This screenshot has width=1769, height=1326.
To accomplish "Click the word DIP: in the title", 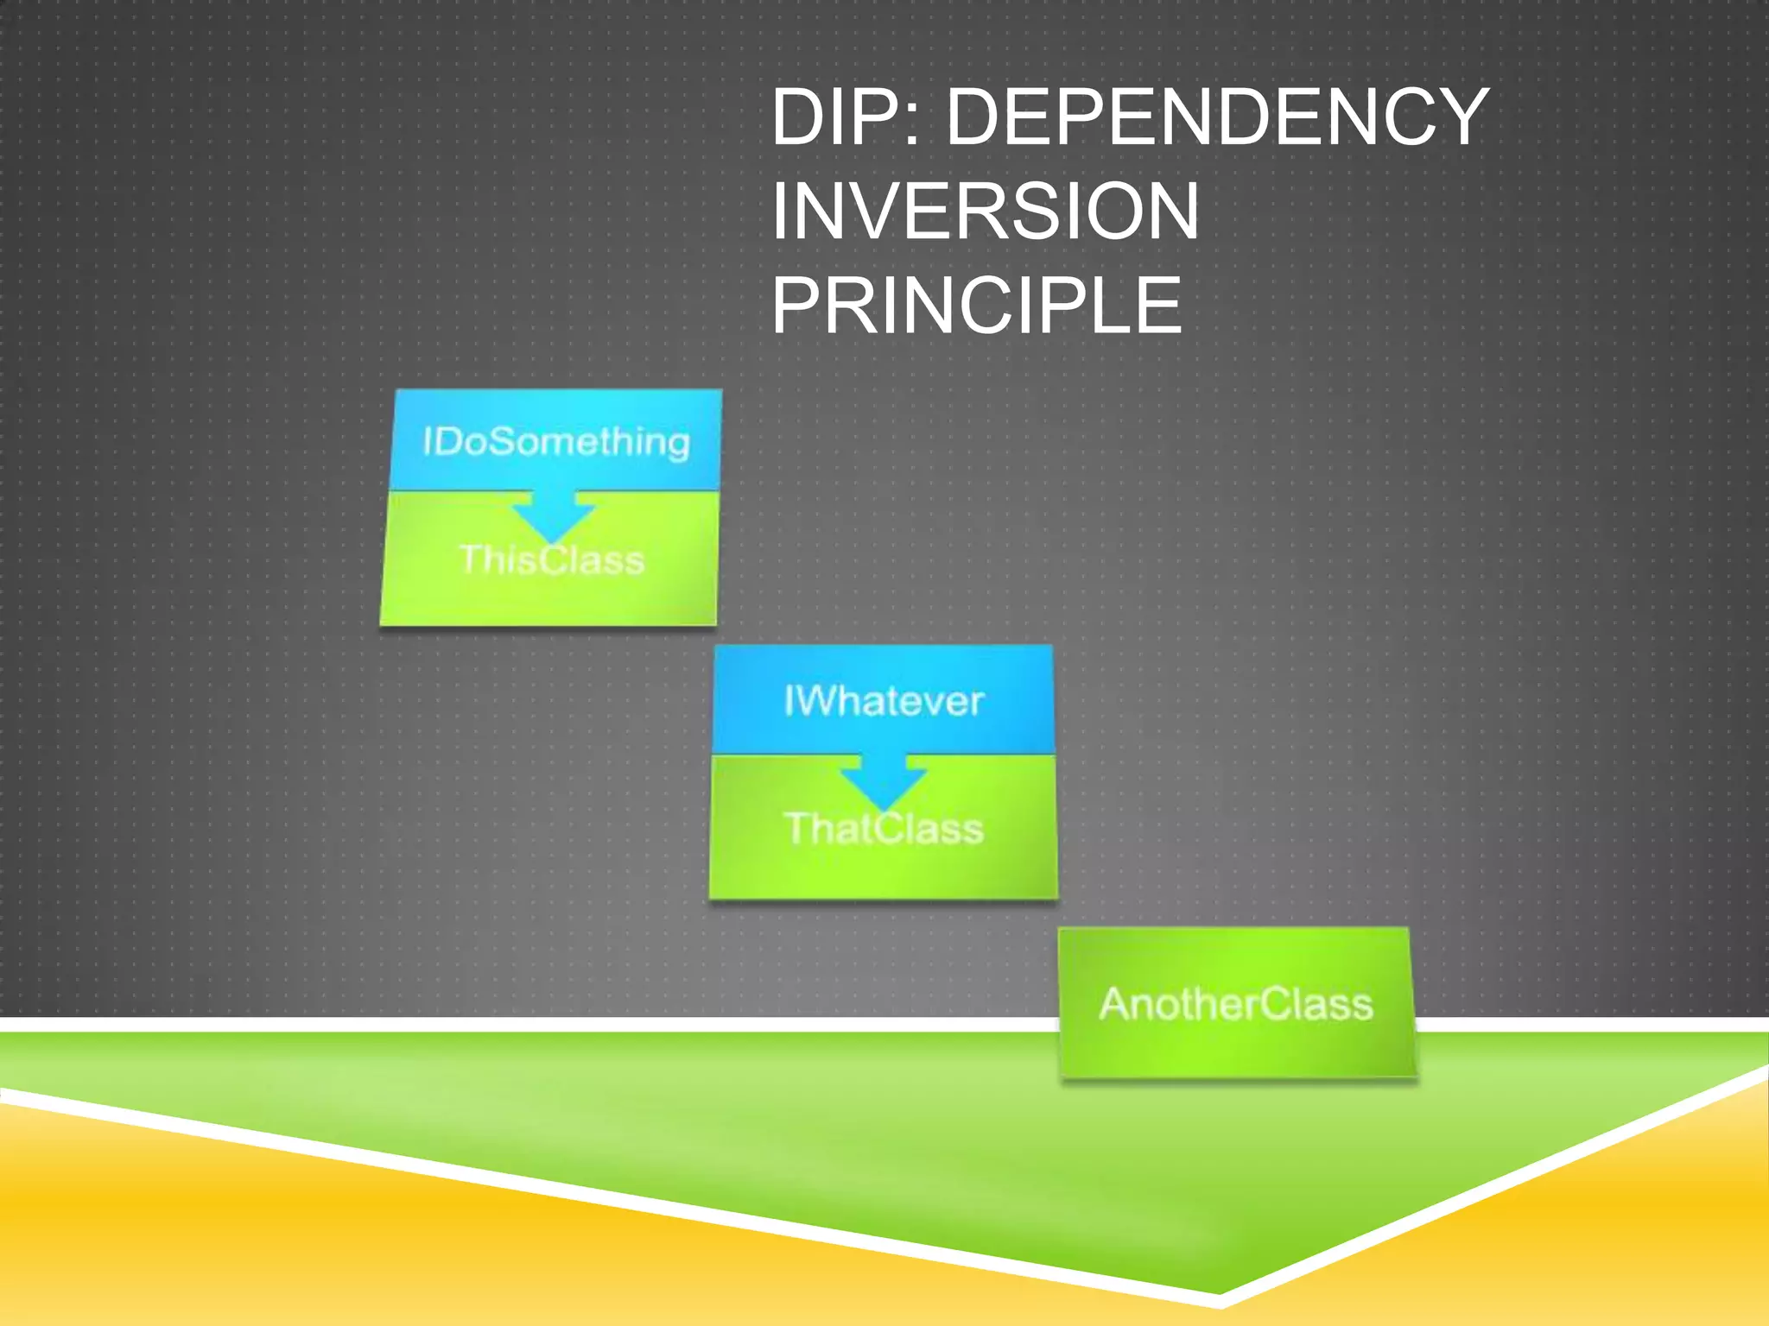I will pyautogui.click(x=846, y=117).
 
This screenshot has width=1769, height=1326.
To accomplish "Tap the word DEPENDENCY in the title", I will pyautogui.click(x=1218, y=117).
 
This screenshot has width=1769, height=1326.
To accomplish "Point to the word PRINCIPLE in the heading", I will pyautogui.click(x=976, y=306).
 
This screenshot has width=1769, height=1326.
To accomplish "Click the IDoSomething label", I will pyautogui.click(x=556, y=442).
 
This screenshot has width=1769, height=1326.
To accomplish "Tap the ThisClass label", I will pyautogui.click(x=552, y=560).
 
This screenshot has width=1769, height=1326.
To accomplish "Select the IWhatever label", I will pyautogui.click(x=884, y=701).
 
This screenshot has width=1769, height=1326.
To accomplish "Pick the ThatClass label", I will pyautogui.click(x=884, y=829).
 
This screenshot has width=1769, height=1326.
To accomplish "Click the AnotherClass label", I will pyautogui.click(x=1236, y=1004).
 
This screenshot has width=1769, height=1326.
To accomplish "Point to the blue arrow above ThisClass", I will pyautogui.click(x=553, y=515).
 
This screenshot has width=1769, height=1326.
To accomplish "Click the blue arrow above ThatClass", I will pyautogui.click(x=883, y=780).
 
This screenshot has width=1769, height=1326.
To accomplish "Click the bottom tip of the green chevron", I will pyautogui.click(x=1219, y=1292).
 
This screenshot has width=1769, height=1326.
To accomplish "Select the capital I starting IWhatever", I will pyautogui.click(x=789, y=701).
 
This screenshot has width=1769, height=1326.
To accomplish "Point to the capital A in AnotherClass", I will pyautogui.click(x=1114, y=1004).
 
